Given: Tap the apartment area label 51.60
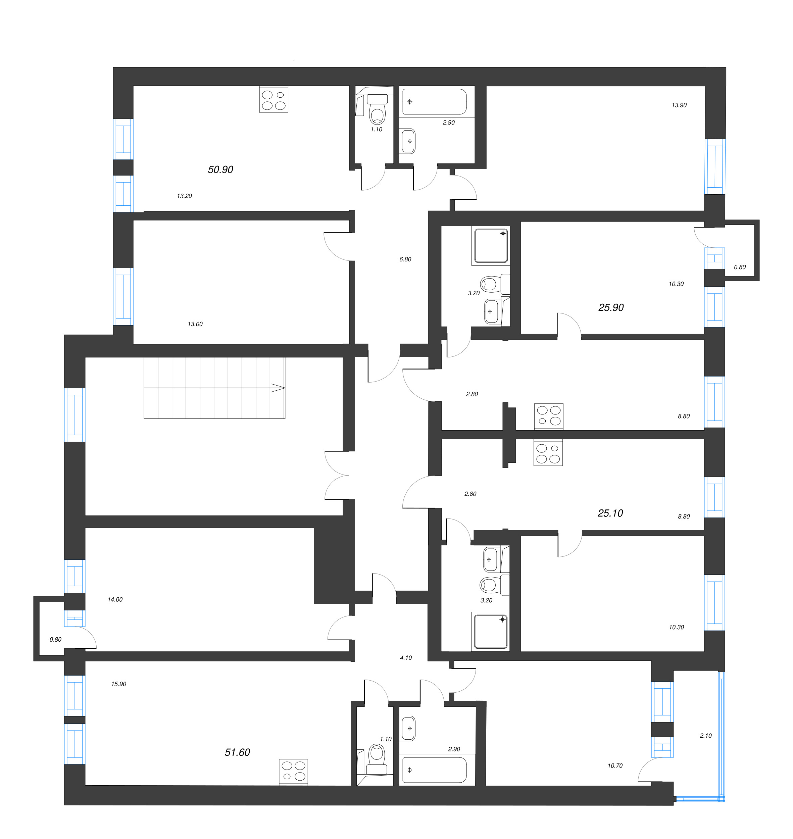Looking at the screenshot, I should pos(237,752).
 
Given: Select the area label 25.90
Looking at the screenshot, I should pos(611,308).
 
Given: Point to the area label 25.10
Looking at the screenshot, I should pos(610,513).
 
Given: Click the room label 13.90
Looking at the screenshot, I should pos(679,105).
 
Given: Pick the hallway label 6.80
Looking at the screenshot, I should pos(405,259).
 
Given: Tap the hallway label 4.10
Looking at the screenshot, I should pos(405,658).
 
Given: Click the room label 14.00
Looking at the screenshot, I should pos(115,599).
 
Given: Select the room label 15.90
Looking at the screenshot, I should pos(119,684).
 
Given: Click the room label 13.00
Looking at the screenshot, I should pos(195,324).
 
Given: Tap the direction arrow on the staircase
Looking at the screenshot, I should pos(278,388).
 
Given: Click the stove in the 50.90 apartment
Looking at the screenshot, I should pos(274,99).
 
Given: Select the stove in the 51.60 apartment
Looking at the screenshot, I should pos(293,771).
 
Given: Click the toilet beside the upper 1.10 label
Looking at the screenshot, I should pos(377,111).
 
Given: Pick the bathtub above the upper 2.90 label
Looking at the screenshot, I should pos(434,102).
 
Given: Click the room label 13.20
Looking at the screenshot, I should pos(184,196).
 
